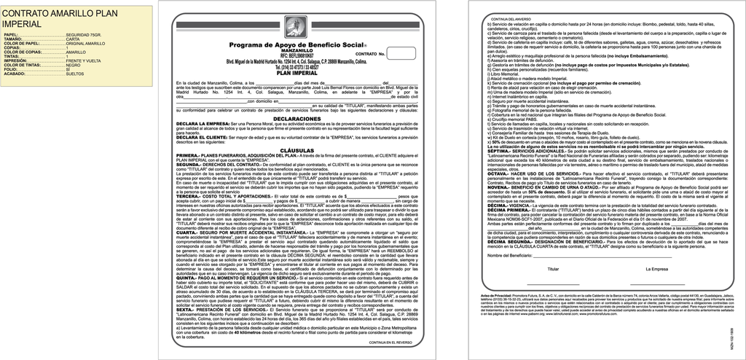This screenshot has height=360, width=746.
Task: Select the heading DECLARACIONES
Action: pos(297,118)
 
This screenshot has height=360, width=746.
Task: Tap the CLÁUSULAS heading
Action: pos(297,149)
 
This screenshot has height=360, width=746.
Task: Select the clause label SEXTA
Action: pos(186,310)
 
